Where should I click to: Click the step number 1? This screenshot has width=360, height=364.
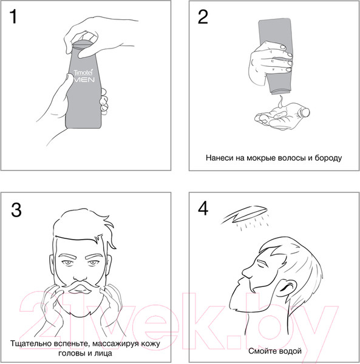[13, 17]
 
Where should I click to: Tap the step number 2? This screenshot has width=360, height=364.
[203, 17]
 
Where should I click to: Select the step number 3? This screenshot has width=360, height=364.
[16, 210]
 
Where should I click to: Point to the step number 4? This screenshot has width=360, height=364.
[203, 209]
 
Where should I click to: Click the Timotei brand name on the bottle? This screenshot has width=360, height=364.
[83, 72]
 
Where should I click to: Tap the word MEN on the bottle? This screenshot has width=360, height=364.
[84, 80]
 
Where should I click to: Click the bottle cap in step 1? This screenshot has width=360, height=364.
[82, 44]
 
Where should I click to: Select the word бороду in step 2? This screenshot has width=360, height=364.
[328, 158]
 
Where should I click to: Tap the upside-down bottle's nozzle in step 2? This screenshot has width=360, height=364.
[280, 91]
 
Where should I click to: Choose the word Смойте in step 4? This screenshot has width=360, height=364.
[261, 351]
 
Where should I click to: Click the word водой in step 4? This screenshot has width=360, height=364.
[289, 351]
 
